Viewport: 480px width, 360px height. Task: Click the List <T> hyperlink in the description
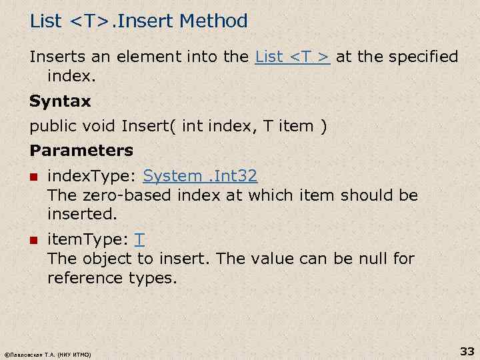coord(293,57)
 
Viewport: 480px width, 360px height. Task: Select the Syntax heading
coord(60,102)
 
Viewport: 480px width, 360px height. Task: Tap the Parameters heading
coord(81,151)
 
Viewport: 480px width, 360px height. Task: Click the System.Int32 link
coord(200,176)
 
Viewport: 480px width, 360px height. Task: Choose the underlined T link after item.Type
coord(140,239)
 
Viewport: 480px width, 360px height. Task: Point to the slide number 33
coord(466,351)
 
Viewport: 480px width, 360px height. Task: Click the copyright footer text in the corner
coord(47,354)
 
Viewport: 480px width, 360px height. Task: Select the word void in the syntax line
coord(100,127)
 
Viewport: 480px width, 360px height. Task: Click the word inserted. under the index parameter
coord(82,215)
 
